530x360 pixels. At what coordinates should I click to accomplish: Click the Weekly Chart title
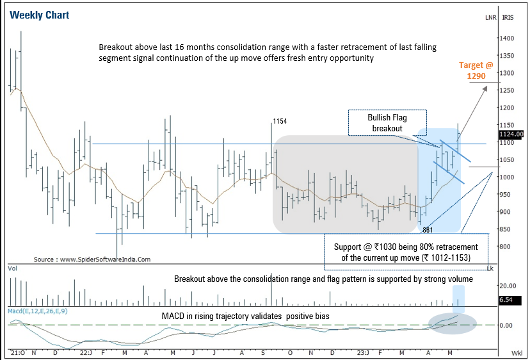40,15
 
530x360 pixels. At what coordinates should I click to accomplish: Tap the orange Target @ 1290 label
476,70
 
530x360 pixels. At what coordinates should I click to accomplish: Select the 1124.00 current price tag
511,134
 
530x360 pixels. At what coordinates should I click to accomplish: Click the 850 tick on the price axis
508,229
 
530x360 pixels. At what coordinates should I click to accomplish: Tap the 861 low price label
429,229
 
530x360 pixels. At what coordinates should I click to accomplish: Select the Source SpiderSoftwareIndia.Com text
92,259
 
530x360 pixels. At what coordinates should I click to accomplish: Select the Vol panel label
12,270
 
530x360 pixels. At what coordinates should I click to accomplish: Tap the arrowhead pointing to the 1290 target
485,88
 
